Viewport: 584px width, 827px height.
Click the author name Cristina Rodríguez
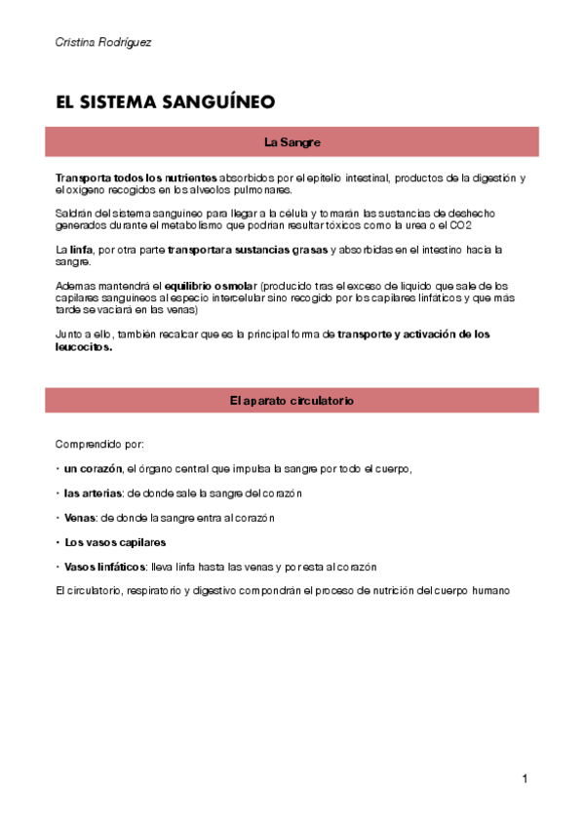click(103, 43)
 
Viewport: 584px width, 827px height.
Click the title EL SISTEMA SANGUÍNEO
click(166, 101)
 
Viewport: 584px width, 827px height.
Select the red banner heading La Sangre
click(292, 142)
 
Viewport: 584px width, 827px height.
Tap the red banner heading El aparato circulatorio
click(292, 401)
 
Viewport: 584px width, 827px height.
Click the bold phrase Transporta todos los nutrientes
click(136, 177)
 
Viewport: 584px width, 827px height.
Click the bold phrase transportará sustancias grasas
click(248, 250)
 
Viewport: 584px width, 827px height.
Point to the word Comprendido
click(86, 444)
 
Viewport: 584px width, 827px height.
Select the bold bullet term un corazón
click(93, 469)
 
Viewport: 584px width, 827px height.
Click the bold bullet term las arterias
click(94, 493)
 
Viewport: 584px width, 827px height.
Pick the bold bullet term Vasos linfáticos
click(105, 567)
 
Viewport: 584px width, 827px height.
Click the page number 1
click(525, 778)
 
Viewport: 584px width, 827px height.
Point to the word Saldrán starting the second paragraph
click(73, 214)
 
